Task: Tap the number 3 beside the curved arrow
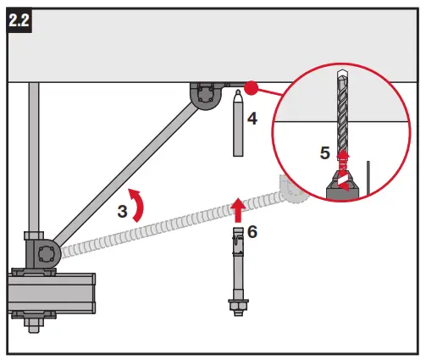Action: [x=123, y=212]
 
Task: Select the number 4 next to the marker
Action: [x=252, y=118]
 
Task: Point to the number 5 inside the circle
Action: [x=324, y=153]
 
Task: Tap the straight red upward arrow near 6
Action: [x=238, y=206]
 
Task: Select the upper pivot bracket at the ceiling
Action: [x=205, y=96]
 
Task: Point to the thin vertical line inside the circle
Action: [x=368, y=176]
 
